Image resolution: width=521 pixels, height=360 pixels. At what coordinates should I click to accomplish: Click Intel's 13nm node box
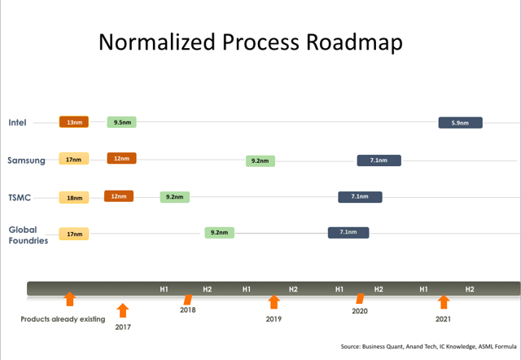pyautogui.click(x=73, y=122)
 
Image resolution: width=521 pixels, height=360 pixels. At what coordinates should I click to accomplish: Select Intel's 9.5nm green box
pyautogui.click(x=121, y=122)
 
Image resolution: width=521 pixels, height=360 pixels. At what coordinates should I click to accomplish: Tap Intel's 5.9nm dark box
pyautogui.click(x=460, y=123)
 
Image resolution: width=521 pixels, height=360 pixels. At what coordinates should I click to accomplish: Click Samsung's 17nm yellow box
pyautogui.click(x=73, y=159)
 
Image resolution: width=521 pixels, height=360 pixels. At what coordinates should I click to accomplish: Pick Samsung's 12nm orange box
pyautogui.click(x=121, y=158)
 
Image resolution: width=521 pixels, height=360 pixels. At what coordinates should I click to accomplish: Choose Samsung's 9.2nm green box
pyautogui.click(x=260, y=160)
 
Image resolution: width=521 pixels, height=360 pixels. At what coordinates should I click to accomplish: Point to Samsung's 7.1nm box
pyautogui.click(x=379, y=160)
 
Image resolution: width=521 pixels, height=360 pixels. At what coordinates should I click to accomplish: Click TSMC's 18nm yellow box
pyautogui.click(x=73, y=197)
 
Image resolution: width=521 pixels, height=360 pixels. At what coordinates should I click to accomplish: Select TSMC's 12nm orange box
pyautogui.click(x=119, y=196)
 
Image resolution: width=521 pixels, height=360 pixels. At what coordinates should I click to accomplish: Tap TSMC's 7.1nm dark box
pyautogui.click(x=360, y=196)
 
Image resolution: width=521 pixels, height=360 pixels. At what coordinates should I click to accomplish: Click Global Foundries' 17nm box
pyautogui.click(x=73, y=234)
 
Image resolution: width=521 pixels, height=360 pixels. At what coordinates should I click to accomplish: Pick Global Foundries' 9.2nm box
pyautogui.click(x=219, y=232)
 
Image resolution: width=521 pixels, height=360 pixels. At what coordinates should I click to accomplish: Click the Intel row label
pyautogui.click(x=18, y=123)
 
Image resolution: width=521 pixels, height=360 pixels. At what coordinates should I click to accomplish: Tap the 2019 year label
pyautogui.click(x=274, y=319)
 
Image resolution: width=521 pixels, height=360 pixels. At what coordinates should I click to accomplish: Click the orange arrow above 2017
pyautogui.click(x=123, y=310)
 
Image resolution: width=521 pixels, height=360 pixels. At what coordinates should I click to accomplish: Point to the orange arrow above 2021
pyautogui.click(x=443, y=302)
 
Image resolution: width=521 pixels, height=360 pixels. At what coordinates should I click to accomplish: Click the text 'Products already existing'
pyautogui.click(x=63, y=319)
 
